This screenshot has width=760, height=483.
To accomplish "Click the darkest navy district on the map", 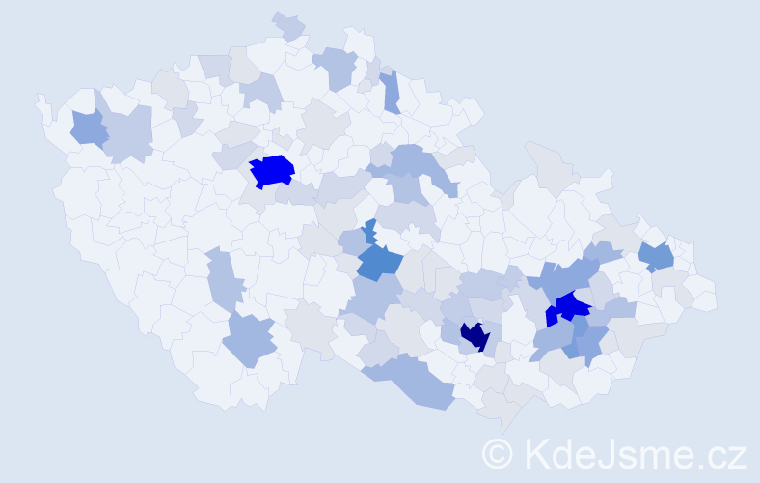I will tap(475, 336).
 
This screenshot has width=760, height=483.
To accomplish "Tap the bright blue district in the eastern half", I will tap(571, 307).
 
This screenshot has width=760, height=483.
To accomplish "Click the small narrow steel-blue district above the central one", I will tap(369, 232).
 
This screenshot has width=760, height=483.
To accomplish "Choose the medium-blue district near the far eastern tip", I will tap(658, 257).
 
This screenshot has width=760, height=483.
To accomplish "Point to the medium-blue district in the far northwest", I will tap(88, 128).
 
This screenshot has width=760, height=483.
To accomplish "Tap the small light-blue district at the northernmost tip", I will tap(288, 26).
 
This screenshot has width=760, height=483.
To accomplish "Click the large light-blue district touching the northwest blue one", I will tap(128, 132).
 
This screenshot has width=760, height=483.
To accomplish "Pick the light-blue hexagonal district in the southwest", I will tap(250, 340).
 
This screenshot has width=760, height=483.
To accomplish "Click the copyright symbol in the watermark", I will tap(498, 453).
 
